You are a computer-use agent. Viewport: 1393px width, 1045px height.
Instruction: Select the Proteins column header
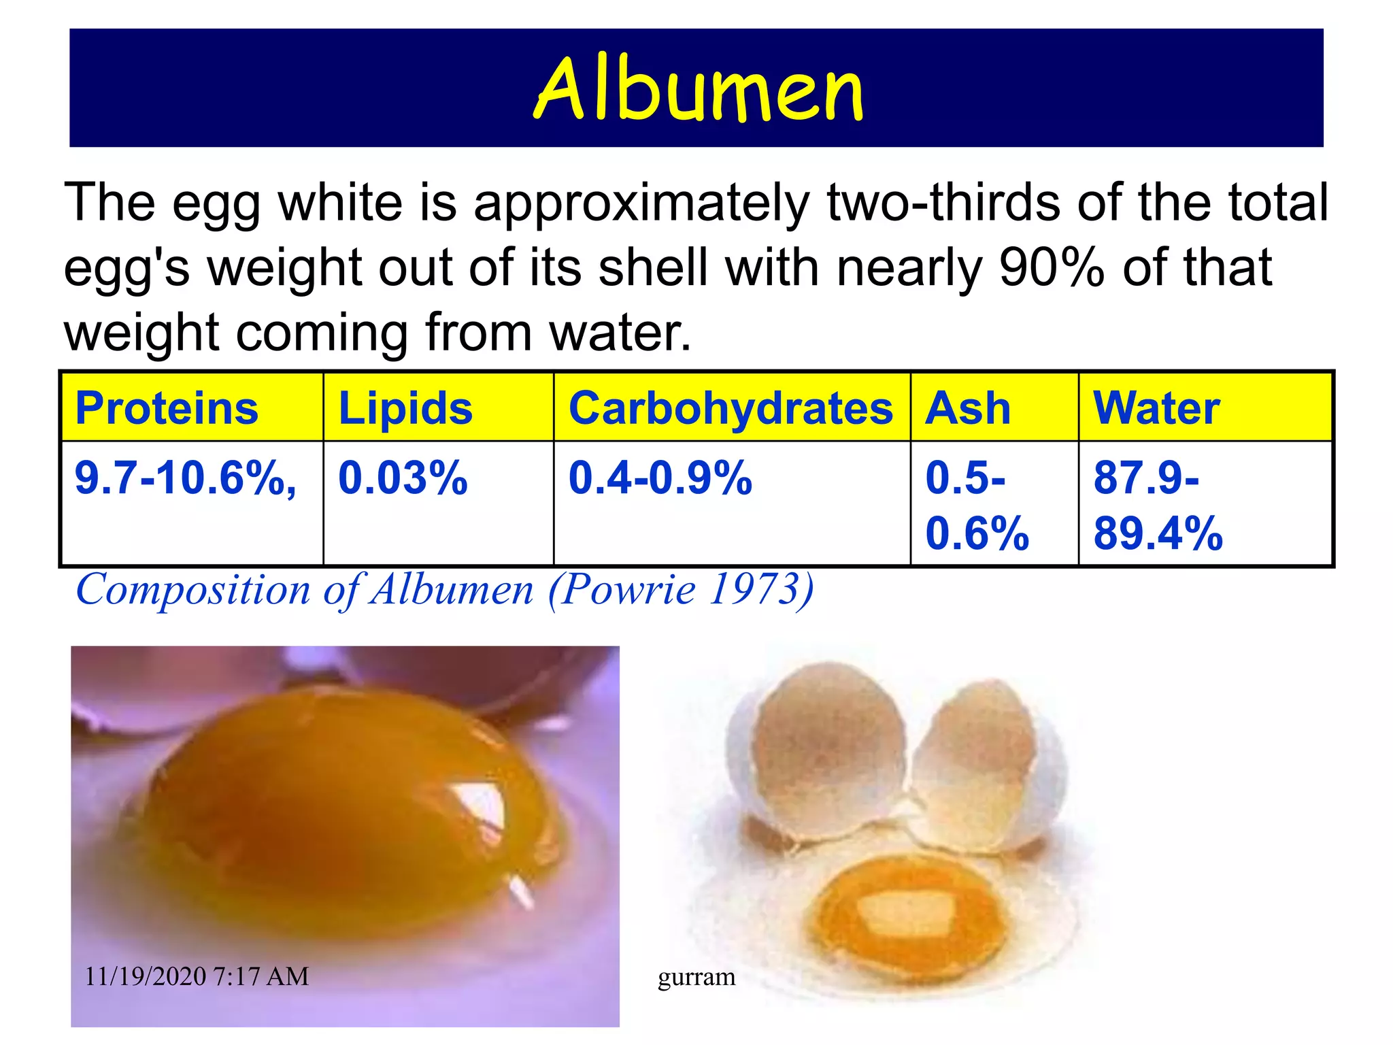(x=167, y=408)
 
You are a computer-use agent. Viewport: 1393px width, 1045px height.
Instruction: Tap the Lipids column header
(x=405, y=408)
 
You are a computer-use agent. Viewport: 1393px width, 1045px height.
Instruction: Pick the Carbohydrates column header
(x=731, y=408)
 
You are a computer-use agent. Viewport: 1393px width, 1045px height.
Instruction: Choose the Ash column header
(x=968, y=408)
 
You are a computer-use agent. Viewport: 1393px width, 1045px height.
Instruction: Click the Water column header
(x=1156, y=408)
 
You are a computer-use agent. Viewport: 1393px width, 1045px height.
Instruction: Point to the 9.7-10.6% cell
(x=185, y=478)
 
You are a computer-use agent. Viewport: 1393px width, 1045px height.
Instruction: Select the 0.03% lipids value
(x=403, y=478)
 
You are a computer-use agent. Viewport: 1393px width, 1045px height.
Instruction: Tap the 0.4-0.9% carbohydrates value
(x=660, y=478)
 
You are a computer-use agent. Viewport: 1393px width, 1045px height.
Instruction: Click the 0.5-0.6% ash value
(x=977, y=505)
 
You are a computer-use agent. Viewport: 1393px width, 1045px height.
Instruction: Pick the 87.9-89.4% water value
(x=1158, y=505)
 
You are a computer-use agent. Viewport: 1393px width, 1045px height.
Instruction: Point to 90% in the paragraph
(x=1052, y=267)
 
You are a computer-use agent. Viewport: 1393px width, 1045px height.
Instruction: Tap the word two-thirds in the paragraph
(x=943, y=202)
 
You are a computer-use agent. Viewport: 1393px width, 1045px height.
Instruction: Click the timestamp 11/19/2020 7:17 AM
(x=197, y=976)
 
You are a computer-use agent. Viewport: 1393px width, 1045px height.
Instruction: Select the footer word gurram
(x=696, y=977)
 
